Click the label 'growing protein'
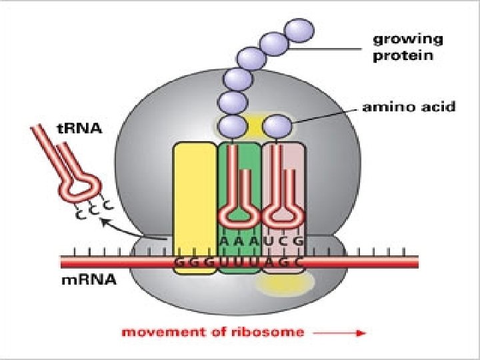pos(403,47)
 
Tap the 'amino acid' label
pos(408,106)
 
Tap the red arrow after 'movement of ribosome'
pos(340,332)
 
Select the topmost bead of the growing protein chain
pos(299,30)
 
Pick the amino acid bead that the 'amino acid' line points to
pos(277,125)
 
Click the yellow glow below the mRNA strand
pos(285,285)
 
